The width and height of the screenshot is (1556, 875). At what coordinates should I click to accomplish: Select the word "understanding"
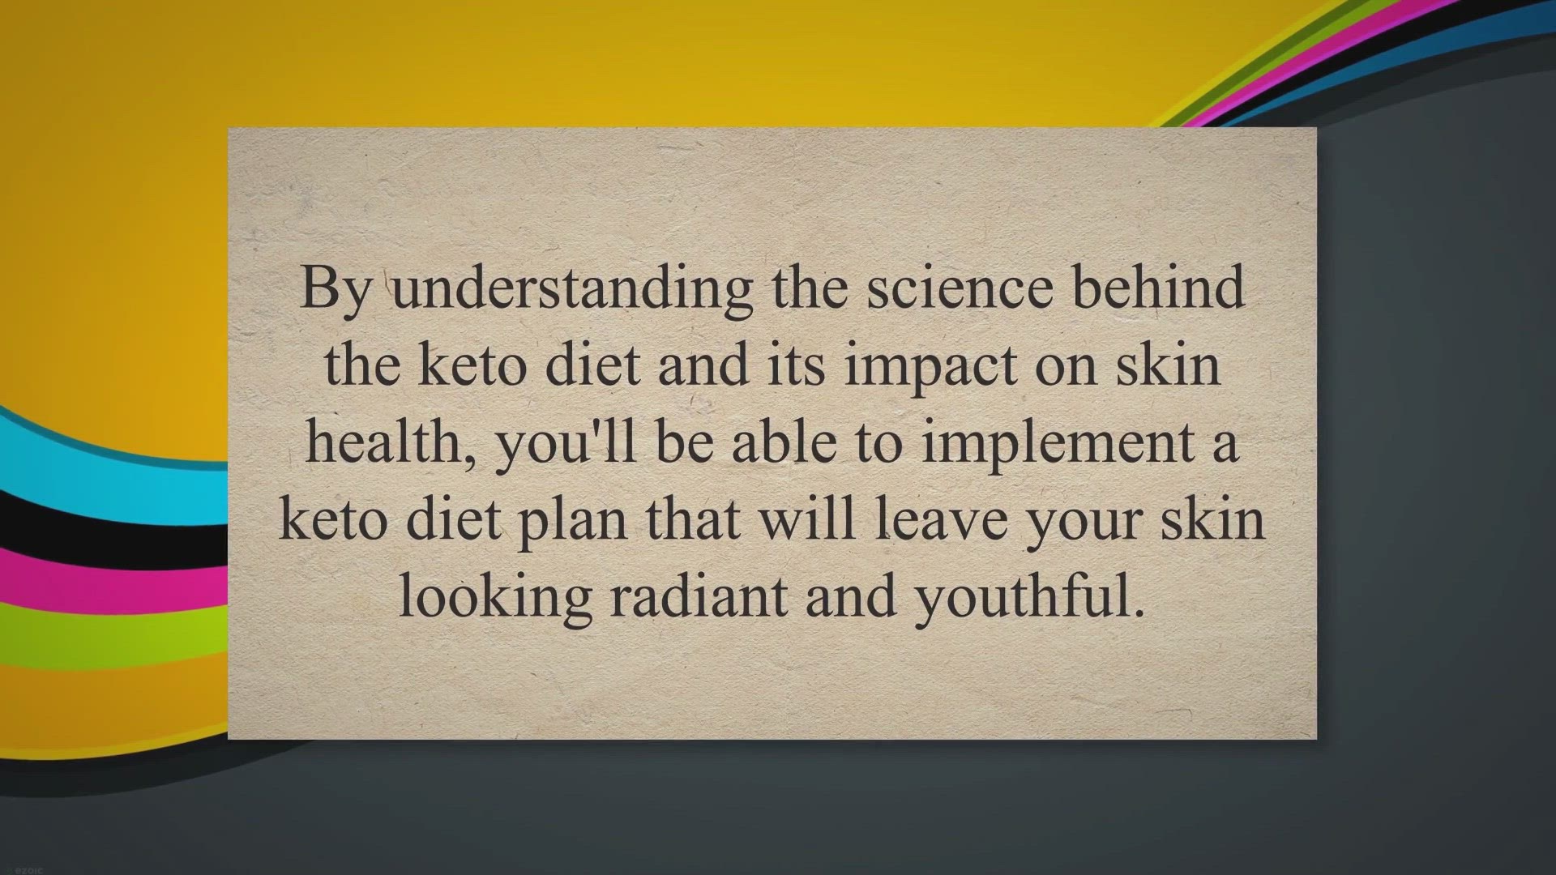pos(573,289)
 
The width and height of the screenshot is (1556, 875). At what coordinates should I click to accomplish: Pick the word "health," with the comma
pos(390,443)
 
